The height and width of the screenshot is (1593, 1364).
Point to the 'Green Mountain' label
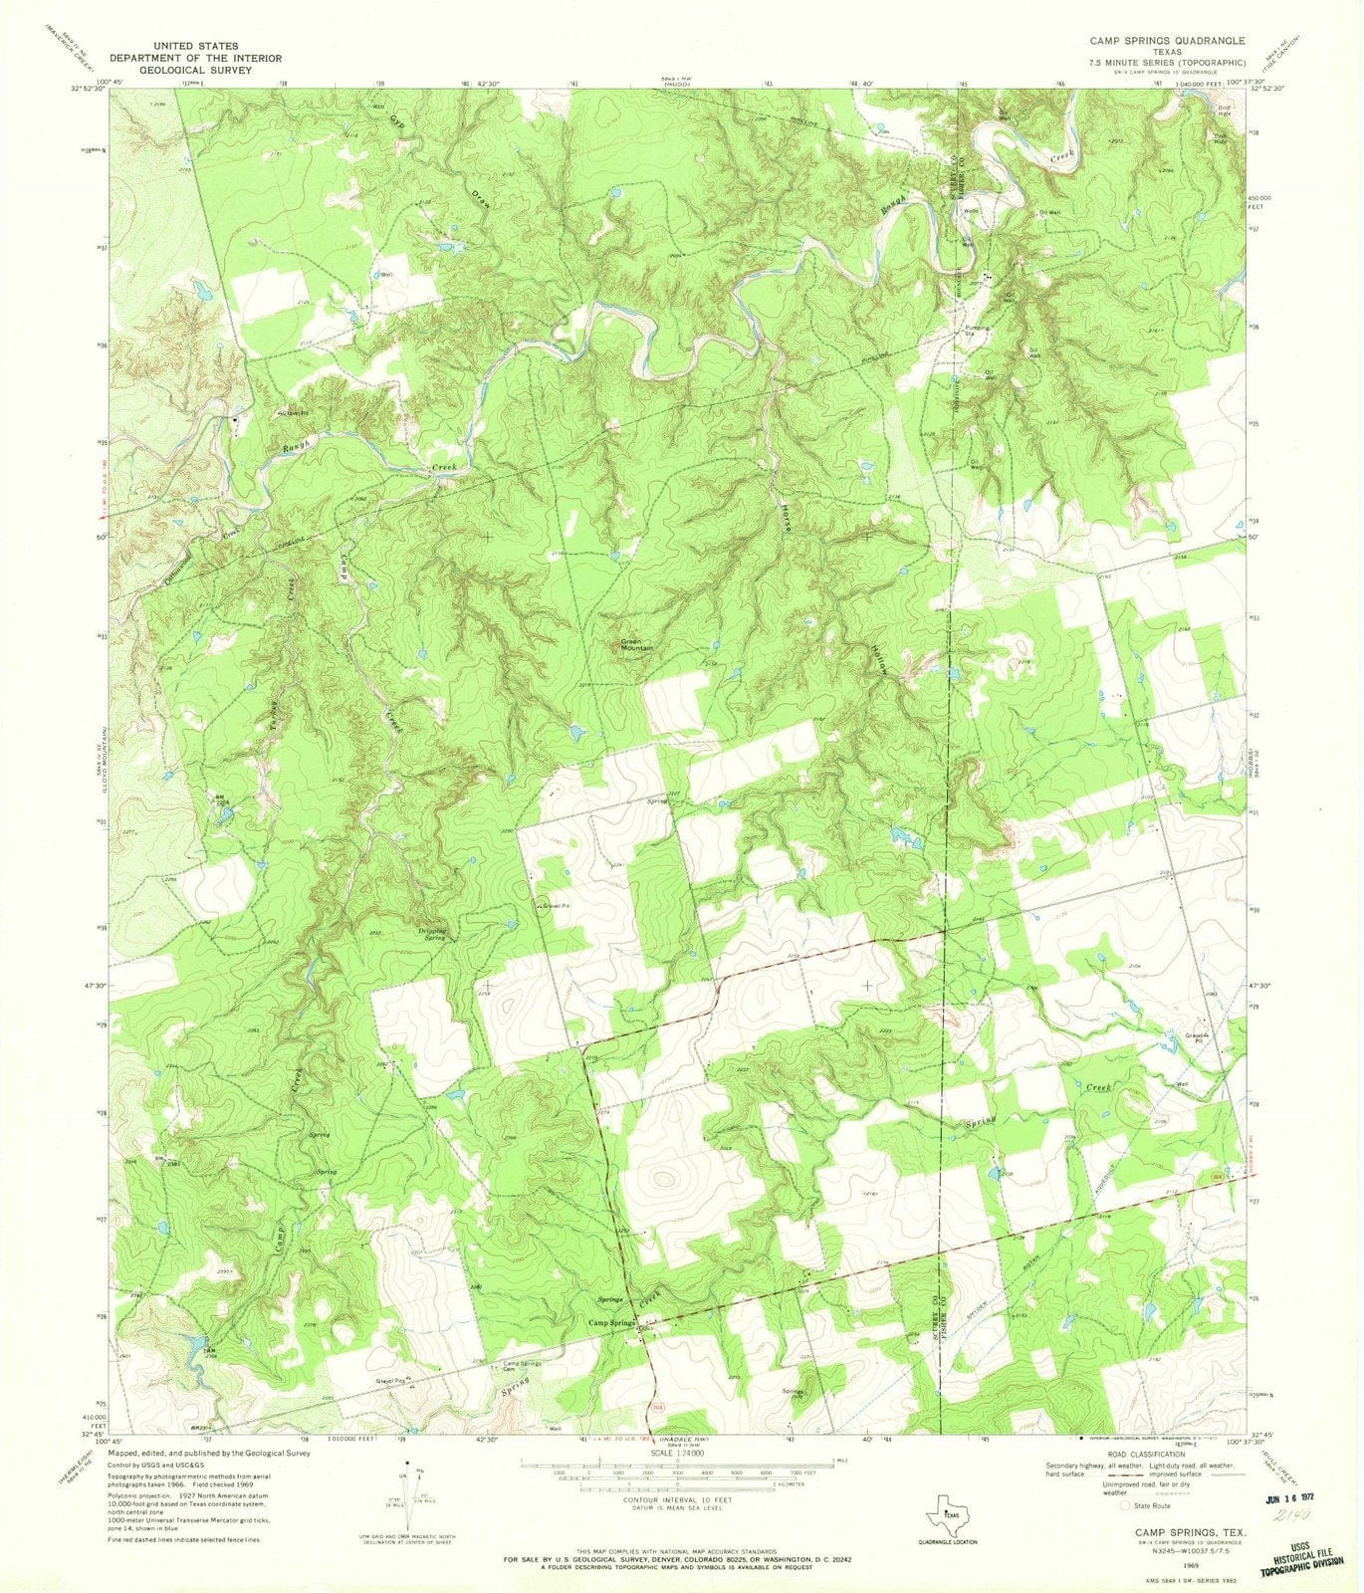tap(637, 644)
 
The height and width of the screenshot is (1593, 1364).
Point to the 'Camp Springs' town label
tap(611, 1322)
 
